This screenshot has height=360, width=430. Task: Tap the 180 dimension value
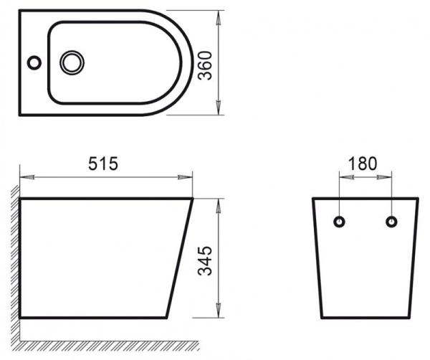(363, 164)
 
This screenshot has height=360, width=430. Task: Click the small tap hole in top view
(34, 62)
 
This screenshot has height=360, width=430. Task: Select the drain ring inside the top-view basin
(72, 62)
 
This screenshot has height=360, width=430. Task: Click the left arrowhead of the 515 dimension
(24, 175)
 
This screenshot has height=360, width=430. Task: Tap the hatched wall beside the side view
(14, 258)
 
